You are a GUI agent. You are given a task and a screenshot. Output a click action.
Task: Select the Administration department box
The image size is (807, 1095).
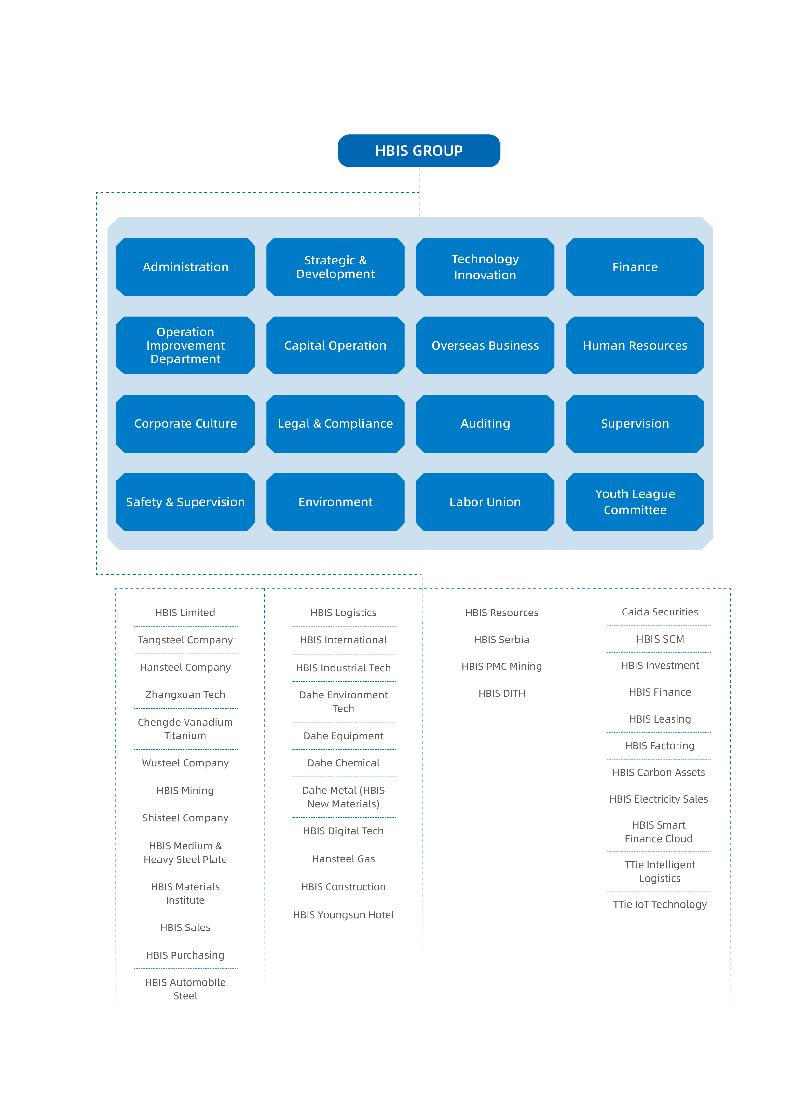(x=185, y=267)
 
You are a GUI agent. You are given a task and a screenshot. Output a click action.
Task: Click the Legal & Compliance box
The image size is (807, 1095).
(x=335, y=424)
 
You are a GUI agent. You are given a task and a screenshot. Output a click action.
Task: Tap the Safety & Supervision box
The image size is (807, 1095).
(x=185, y=502)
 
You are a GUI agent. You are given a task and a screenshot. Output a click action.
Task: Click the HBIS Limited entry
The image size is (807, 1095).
(x=185, y=613)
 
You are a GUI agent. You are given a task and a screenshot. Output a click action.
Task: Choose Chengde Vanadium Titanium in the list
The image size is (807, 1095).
(x=185, y=729)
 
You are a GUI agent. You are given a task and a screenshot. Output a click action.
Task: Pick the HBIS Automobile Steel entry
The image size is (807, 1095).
(x=185, y=989)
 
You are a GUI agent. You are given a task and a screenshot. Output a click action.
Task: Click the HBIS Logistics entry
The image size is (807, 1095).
(x=343, y=613)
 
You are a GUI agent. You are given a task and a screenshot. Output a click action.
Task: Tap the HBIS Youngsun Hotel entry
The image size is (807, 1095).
(x=343, y=915)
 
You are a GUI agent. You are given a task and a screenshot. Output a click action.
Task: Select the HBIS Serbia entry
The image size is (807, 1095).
(x=502, y=639)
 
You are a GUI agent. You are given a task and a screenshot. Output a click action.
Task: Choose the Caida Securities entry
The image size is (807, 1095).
(x=660, y=612)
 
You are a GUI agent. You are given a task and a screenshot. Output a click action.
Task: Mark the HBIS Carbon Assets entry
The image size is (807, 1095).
(x=659, y=772)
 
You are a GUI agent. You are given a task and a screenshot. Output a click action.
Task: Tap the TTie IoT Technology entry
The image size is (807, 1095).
(x=660, y=904)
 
